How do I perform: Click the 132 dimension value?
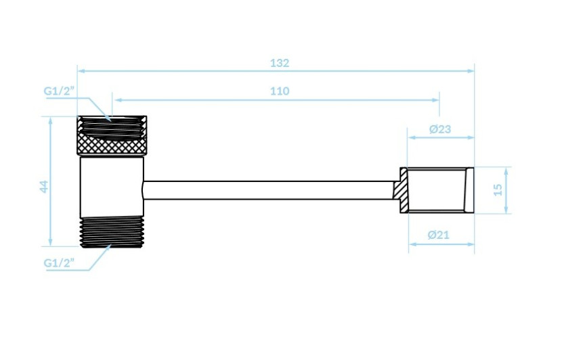tap(280, 63)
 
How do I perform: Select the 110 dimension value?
tap(280, 91)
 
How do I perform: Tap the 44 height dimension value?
tap(44, 186)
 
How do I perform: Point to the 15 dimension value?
tap(498, 189)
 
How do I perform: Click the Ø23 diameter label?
tap(440, 129)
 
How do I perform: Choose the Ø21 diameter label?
tap(438, 235)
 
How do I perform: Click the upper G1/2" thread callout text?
tap(59, 91)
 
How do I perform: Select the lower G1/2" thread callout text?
tap(59, 263)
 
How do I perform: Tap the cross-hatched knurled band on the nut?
tap(112, 145)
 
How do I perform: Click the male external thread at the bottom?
tap(112, 231)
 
